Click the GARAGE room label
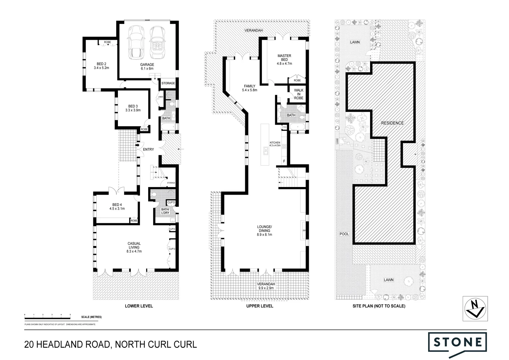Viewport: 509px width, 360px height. coord(147,65)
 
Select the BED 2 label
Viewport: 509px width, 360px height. coord(101,64)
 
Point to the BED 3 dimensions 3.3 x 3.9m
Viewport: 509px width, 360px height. coord(133,110)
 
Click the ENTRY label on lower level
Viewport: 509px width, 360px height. coord(148,149)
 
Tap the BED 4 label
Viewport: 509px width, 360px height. coord(117,205)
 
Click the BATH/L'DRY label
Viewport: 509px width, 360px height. coord(165,211)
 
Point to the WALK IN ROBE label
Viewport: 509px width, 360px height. coord(298,94)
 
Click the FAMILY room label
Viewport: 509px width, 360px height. coord(249,86)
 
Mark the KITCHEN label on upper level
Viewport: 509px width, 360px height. coord(274,143)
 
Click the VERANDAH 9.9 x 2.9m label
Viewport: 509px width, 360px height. coord(265,286)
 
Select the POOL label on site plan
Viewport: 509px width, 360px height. coord(344,234)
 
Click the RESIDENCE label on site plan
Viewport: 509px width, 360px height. coord(392,123)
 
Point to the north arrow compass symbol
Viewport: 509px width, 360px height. coord(475,308)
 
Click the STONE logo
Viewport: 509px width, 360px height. coord(457,342)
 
